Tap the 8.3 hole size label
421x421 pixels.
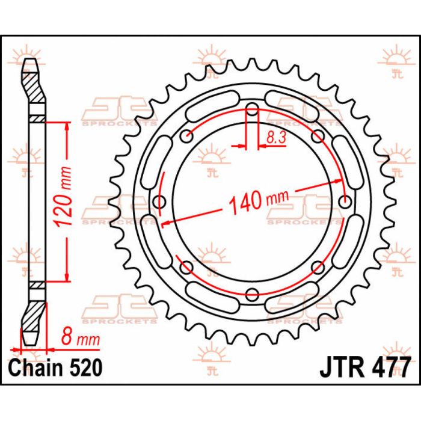[x=275, y=138]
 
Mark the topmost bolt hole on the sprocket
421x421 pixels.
[x=253, y=109]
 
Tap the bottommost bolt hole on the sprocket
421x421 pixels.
[x=253, y=293]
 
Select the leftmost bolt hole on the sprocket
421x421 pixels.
[x=160, y=201]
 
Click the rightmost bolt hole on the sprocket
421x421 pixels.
[x=345, y=201]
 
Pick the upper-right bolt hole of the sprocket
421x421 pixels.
[x=318, y=136]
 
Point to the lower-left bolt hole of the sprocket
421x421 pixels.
[x=187, y=266]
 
